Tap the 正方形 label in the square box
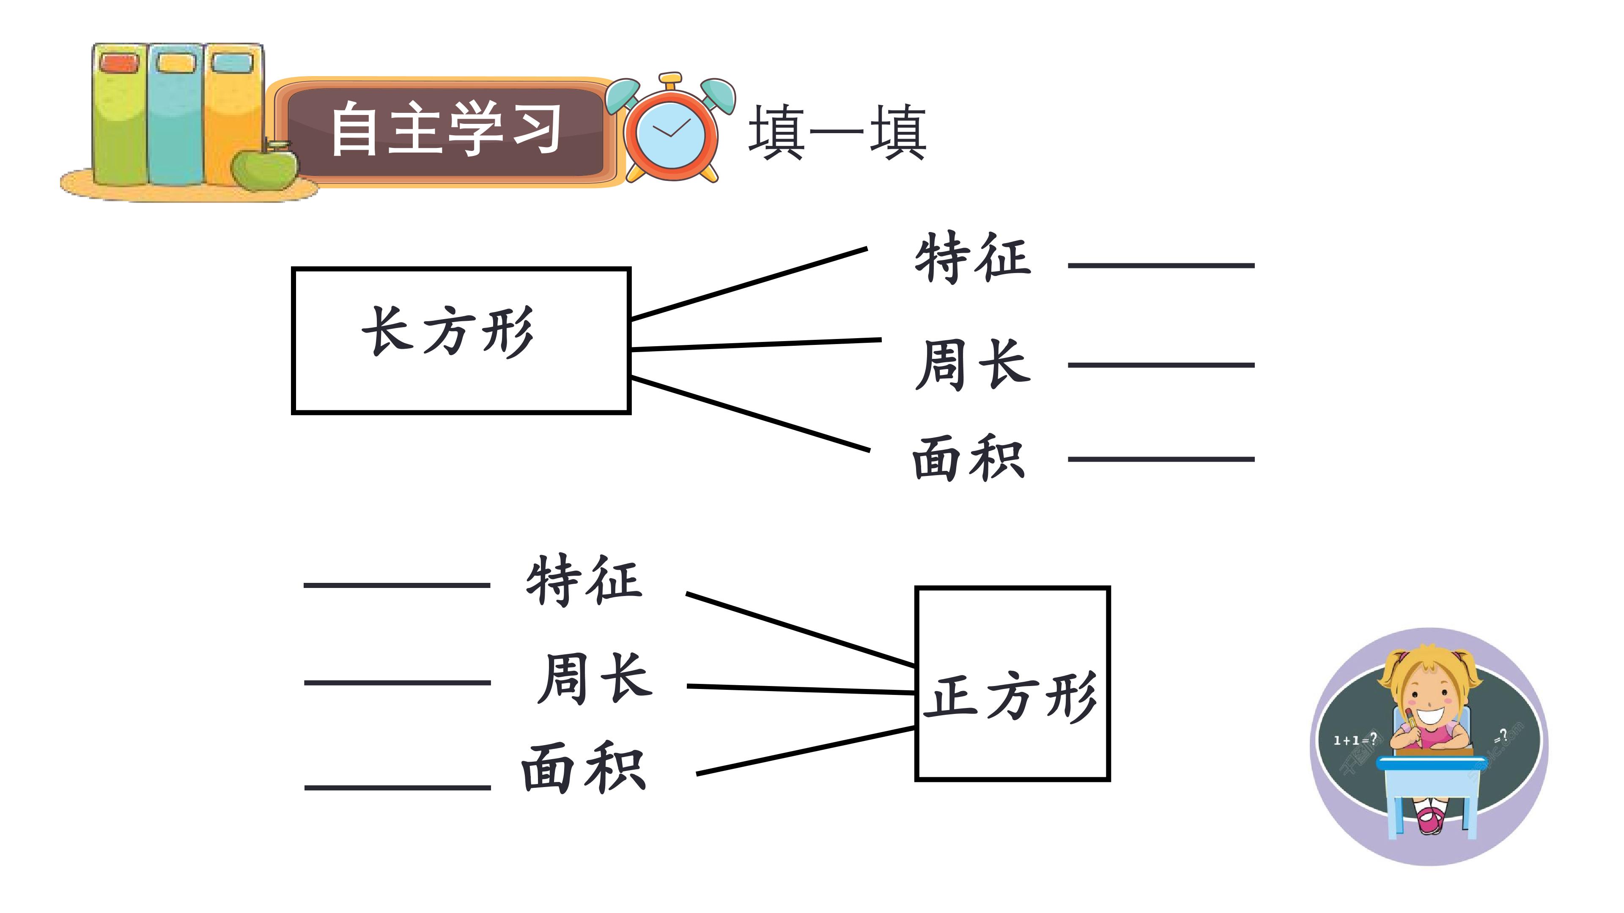(1011, 697)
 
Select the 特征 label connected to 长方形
(973, 257)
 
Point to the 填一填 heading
(837, 132)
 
